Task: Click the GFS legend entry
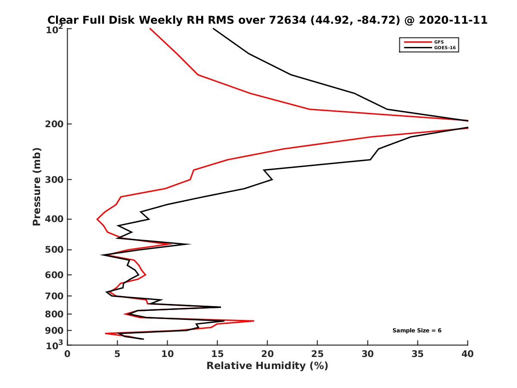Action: [x=436, y=42]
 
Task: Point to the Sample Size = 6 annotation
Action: [x=417, y=331]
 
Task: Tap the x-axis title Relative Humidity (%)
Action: [x=267, y=366]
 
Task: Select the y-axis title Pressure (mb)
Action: [x=37, y=186]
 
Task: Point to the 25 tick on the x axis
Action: [x=318, y=354]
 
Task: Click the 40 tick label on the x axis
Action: [x=467, y=354]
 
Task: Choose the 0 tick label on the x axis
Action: [x=68, y=354]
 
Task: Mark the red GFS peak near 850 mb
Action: [x=253, y=321]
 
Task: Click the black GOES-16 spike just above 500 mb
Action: [x=190, y=244]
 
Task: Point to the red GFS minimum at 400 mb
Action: [x=97, y=219]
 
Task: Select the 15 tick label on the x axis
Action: [x=218, y=354]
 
